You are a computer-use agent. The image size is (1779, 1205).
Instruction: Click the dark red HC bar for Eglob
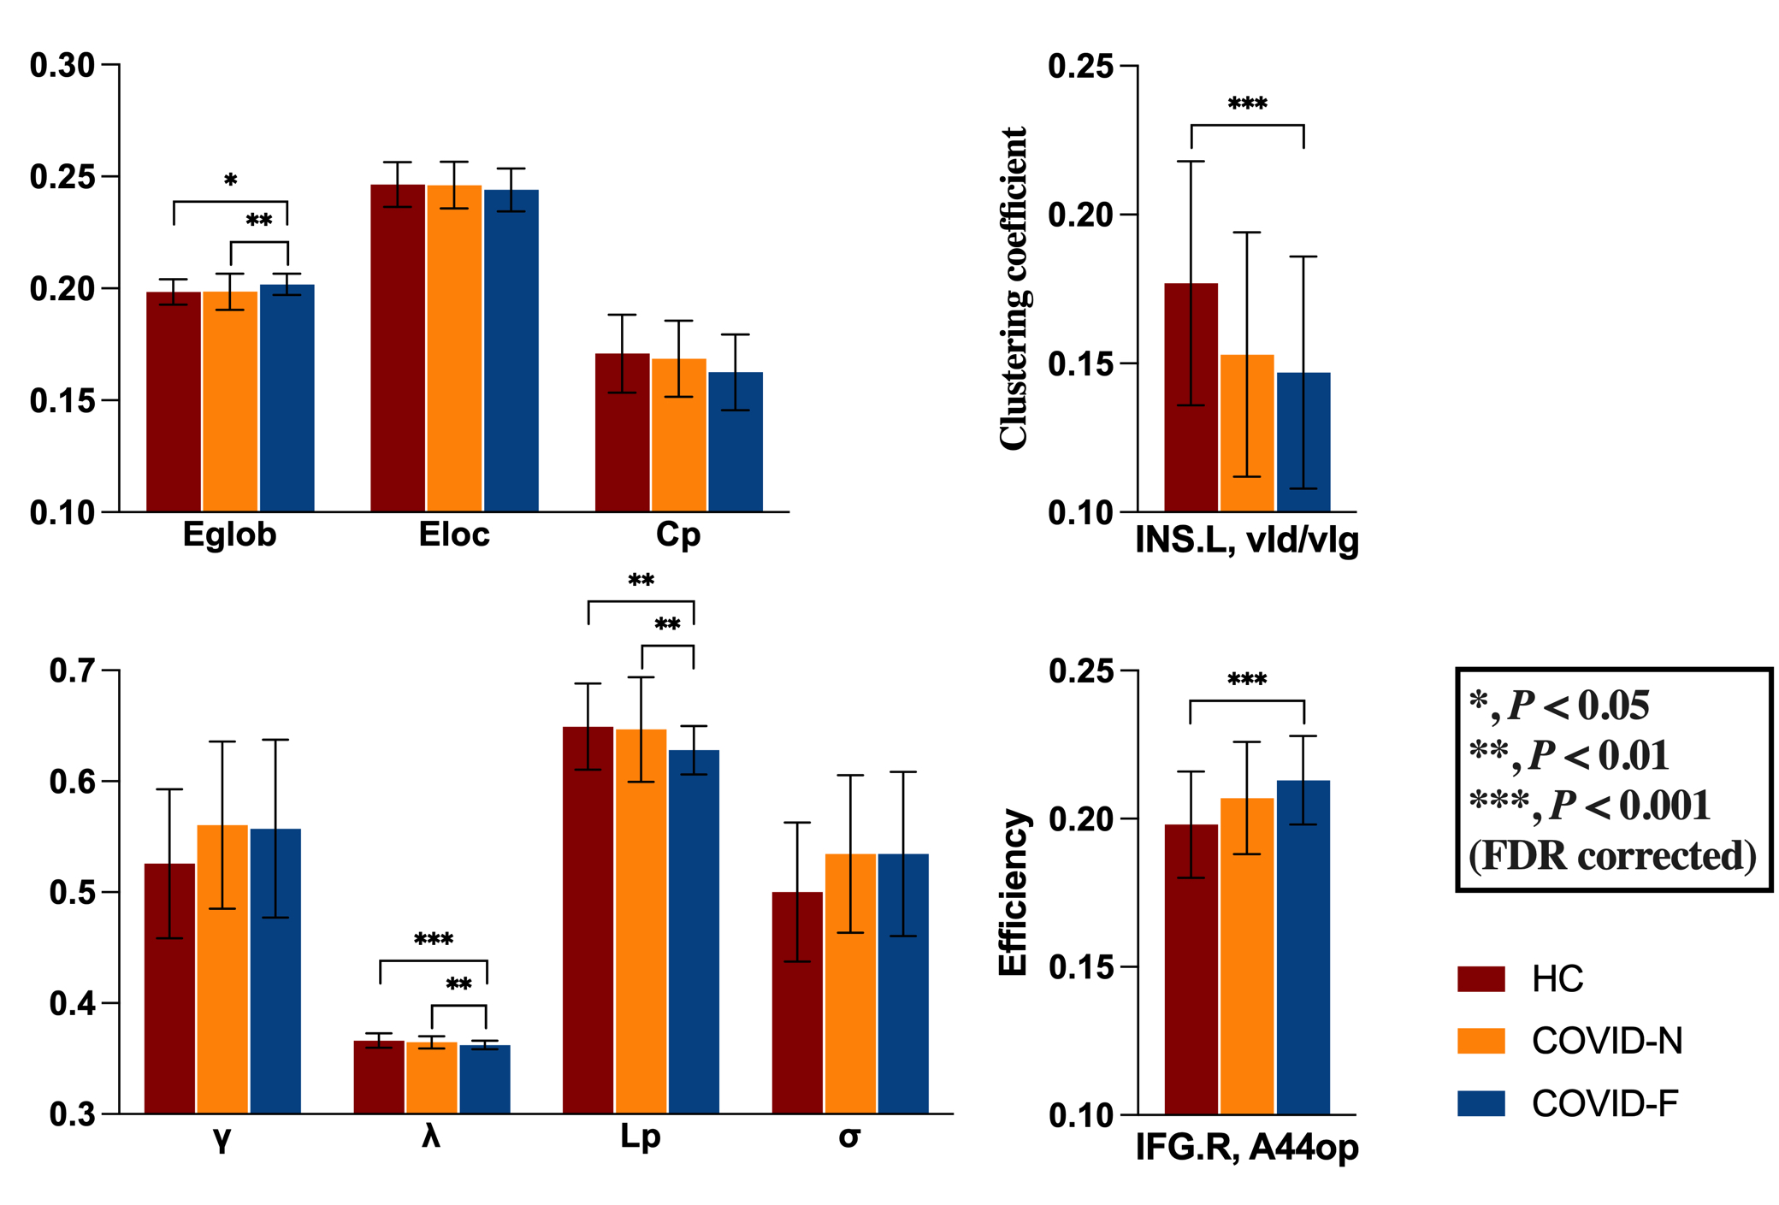pyautogui.click(x=174, y=402)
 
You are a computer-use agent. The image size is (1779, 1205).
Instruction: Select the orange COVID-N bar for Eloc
pyautogui.click(x=454, y=348)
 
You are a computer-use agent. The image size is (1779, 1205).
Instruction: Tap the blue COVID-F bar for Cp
pyautogui.click(x=736, y=442)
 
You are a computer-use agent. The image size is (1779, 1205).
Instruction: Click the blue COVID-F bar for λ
pyautogui.click(x=485, y=1079)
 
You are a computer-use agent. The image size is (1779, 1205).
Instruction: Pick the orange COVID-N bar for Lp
pyautogui.click(x=641, y=921)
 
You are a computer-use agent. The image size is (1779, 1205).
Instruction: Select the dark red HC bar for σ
pyautogui.click(x=797, y=1002)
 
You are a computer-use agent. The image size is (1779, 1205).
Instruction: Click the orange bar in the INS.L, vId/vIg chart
pyautogui.click(x=1247, y=434)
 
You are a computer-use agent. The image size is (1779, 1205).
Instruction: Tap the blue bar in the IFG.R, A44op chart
pyautogui.click(x=1303, y=947)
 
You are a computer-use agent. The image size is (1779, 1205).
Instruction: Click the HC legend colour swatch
pyautogui.click(x=1481, y=979)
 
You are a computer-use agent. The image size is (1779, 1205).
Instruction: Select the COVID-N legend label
pyautogui.click(x=1607, y=1041)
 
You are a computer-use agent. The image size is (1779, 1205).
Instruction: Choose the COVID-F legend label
pyautogui.click(x=1605, y=1103)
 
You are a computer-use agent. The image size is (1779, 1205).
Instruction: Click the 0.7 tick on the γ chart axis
pyautogui.click(x=73, y=670)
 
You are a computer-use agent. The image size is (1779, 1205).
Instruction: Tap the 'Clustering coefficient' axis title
pyautogui.click(x=1014, y=288)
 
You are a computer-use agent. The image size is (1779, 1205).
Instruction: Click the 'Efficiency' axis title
pyautogui.click(x=1014, y=892)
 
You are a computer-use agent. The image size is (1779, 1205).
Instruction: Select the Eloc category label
pyautogui.click(x=454, y=535)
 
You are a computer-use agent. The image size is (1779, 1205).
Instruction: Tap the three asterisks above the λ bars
pyautogui.click(x=434, y=940)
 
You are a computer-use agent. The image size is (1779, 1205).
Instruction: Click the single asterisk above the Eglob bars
pyautogui.click(x=231, y=180)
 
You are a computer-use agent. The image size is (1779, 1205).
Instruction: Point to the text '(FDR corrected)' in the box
pyautogui.click(x=1612, y=855)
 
